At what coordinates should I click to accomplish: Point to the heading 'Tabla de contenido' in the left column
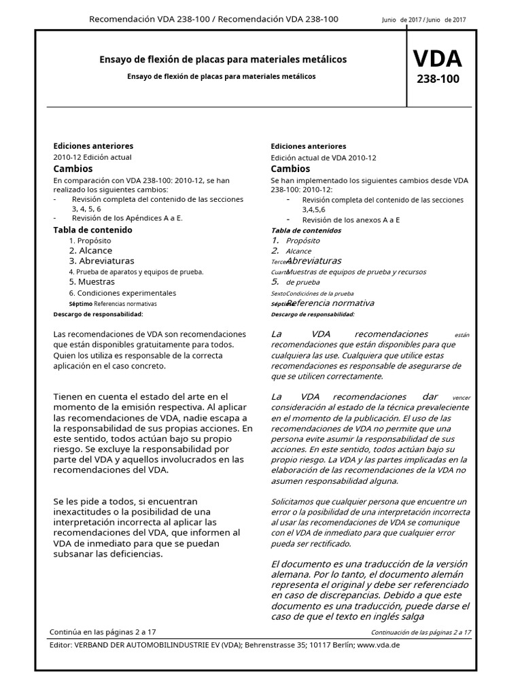click(92, 230)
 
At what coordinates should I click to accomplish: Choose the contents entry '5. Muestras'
click(92, 281)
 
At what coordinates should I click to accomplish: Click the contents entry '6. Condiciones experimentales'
click(122, 293)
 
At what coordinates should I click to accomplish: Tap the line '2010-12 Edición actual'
click(92, 157)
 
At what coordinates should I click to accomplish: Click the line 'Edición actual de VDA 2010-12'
click(323, 157)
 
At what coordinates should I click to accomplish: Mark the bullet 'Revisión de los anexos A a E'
click(351, 220)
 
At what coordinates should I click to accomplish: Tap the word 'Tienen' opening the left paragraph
click(69, 396)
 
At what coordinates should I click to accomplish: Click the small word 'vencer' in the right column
click(461, 398)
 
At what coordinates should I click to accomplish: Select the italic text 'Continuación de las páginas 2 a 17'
click(421, 631)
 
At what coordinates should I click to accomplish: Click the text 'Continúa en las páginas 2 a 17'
click(109, 631)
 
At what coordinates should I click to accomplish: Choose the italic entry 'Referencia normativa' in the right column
click(330, 303)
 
